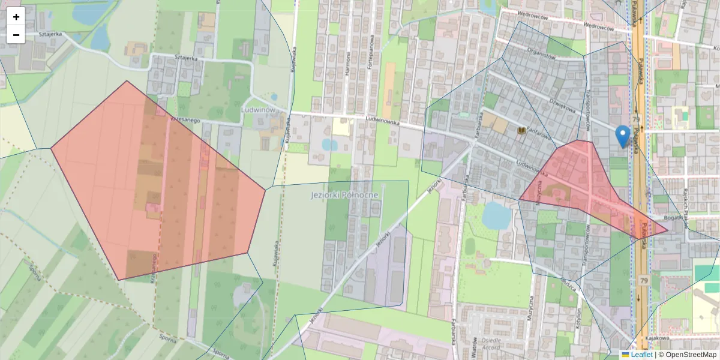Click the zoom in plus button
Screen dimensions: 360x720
click(x=16, y=17)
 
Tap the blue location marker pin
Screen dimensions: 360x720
click(x=623, y=136)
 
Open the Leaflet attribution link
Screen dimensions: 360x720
click(x=641, y=355)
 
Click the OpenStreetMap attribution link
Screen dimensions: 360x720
click(x=691, y=355)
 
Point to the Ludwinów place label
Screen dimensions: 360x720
click(x=257, y=110)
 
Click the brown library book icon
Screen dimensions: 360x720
click(x=521, y=130)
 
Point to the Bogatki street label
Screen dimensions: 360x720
click(x=675, y=218)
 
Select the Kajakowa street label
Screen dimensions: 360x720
click(x=658, y=338)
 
